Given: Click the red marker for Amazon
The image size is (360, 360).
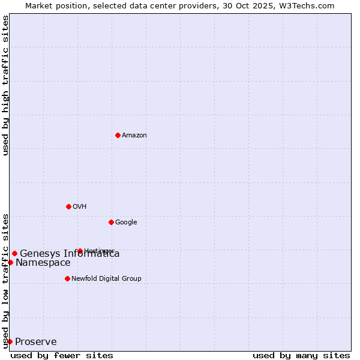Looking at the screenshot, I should pos(118,135).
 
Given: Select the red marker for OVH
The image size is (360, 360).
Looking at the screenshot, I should pos(68,206).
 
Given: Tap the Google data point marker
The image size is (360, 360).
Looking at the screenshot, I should pos(111,222).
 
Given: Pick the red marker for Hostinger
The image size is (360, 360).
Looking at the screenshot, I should pos(80,251).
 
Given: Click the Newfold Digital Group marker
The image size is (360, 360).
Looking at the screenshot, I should pos(67,278).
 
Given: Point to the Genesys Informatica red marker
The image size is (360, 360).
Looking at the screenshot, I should pos(14,253).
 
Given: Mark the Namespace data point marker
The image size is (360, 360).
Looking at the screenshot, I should pos(10,262).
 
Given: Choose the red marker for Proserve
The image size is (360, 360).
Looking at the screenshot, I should pos(10,341).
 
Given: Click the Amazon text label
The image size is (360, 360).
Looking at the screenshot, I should pos(134,136).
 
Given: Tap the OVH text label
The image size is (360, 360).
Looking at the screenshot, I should pos(80,207).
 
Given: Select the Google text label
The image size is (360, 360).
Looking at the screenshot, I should pos(126,223).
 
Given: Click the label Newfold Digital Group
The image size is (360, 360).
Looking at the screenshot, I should pos(106,279).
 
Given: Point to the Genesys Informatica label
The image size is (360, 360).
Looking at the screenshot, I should pos(70,254).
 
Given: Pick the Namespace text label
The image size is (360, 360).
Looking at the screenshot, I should pos(43,263).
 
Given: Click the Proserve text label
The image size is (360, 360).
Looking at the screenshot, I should pos(36,342).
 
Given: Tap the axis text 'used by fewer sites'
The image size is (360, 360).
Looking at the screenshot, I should pos(62,355).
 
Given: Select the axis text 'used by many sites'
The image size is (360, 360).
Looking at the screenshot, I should pos(301,355).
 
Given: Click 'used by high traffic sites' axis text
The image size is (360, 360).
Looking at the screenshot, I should pos(5,85).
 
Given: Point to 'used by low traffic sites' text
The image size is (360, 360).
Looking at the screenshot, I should pos(5,280).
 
